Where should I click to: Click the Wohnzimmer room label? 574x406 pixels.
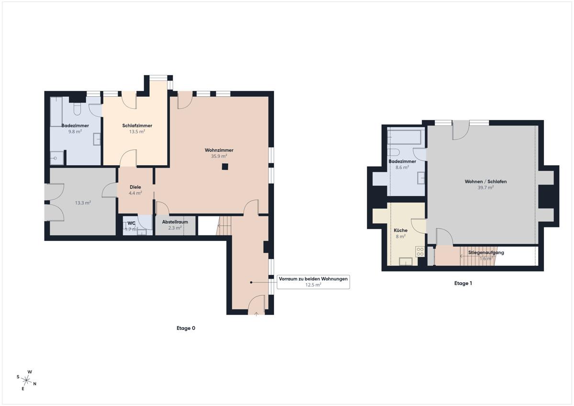point(219,150)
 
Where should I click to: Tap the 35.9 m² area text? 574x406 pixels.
point(219,156)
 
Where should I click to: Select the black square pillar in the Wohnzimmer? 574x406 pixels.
point(225,167)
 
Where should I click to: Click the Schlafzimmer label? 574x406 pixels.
point(137,125)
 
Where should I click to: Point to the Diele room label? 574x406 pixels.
point(135,187)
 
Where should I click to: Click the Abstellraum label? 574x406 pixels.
point(175,222)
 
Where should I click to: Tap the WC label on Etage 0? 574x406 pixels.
point(131,223)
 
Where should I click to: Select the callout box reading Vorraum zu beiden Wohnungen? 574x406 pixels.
point(313,282)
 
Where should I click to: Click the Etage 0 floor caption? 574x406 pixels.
point(186,328)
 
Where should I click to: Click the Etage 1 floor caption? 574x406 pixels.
point(463,283)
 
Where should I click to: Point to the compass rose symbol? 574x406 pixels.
point(26,380)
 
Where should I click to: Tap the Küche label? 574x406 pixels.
point(400,230)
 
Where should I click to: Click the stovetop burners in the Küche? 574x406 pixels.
point(420,252)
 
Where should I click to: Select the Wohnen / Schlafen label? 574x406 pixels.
point(486,181)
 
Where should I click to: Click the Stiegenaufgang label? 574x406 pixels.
point(486,252)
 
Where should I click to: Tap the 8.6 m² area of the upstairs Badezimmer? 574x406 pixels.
point(402,168)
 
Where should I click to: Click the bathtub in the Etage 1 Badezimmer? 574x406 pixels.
point(405,137)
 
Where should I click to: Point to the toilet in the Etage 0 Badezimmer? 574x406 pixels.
point(77,109)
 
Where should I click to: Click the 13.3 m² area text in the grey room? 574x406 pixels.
point(83,203)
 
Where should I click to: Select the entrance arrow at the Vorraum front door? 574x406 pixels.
point(256,314)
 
